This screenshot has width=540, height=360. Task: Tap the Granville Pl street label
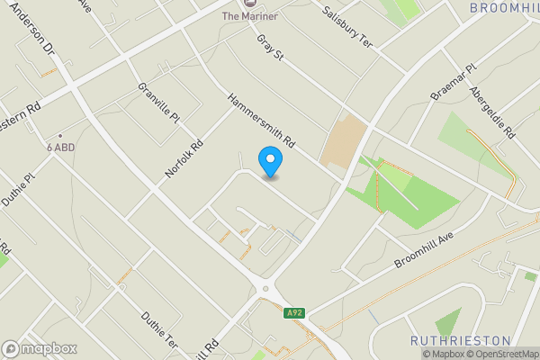pyautogui.click(x=159, y=103)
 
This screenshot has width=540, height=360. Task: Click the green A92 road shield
pyautogui.click(x=293, y=313)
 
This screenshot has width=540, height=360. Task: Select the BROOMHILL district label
pyautogui.click(x=504, y=7)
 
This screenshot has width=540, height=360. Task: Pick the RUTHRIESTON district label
pyautogui.click(x=460, y=341)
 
